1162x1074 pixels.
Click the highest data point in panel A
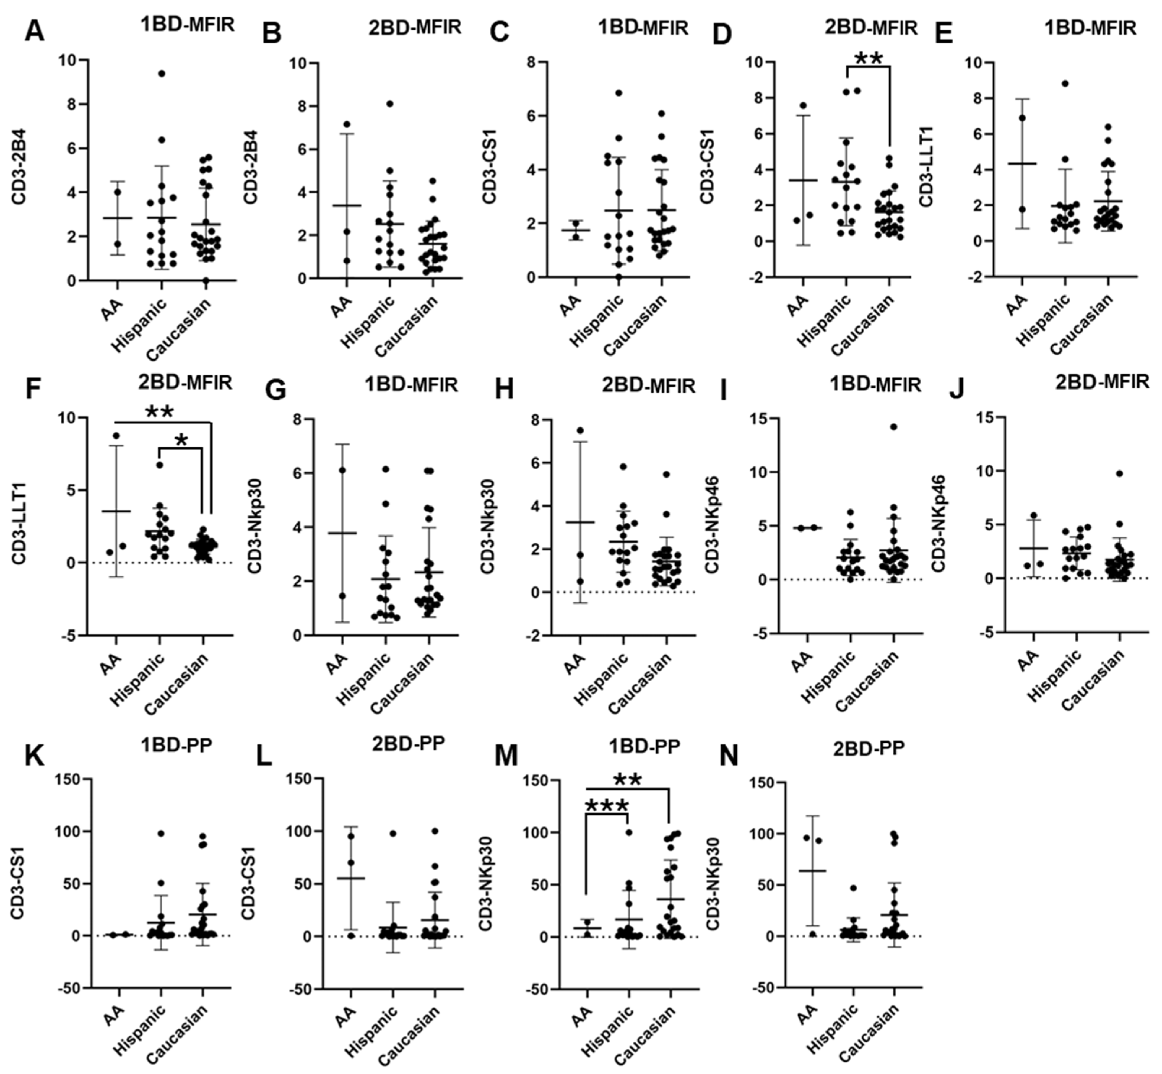[162, 73]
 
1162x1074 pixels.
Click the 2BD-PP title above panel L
[409, 744]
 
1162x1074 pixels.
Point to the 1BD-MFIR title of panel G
[412, 385]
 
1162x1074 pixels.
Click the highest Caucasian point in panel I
[893, 427]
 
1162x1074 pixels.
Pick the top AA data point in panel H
[580, 430]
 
